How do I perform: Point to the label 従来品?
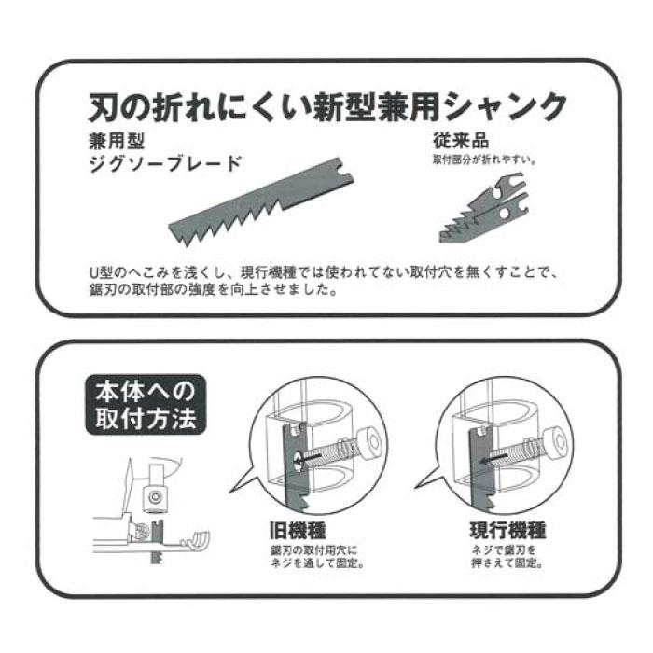(460, 143)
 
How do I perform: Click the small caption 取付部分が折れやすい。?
(482, 160)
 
